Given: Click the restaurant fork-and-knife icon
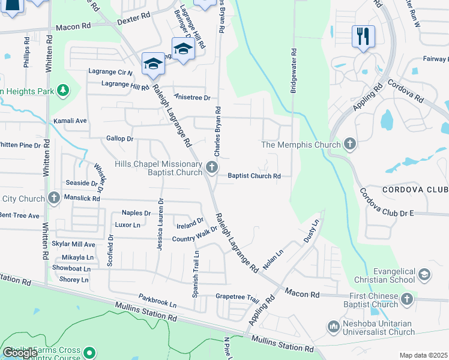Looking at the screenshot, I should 363,35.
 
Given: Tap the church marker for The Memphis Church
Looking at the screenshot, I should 350,145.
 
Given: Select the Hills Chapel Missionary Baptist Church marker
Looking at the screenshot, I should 211,167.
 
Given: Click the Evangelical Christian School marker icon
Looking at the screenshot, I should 424,275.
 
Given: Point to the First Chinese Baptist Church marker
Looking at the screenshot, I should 407,299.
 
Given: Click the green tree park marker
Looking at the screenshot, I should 62,91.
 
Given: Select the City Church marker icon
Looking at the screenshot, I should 53,197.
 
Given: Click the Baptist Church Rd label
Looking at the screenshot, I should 255,176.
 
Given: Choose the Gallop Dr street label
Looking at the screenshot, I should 119,139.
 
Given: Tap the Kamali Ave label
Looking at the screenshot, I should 70,121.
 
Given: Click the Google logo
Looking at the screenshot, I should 20,352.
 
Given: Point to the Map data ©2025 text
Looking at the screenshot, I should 423,355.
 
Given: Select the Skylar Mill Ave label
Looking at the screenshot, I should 73,245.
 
